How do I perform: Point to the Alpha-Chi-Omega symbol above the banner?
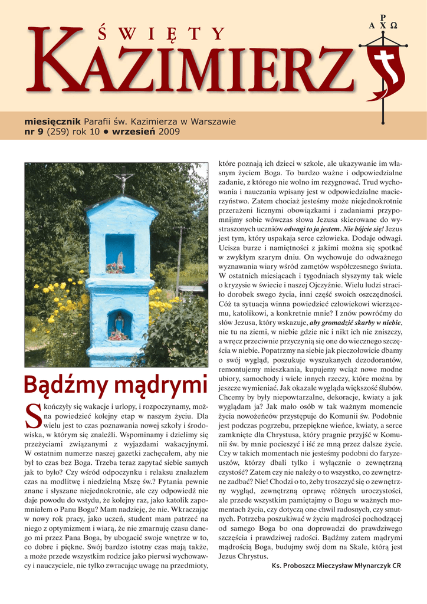(x=384, y=25)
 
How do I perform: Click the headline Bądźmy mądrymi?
(x=116, y=386)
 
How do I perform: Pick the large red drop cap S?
(x=35, y=415)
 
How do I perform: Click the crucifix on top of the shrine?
(x=124, y=183)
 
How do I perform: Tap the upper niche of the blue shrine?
(x=120, y=254)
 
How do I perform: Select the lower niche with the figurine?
(x=120, y=326)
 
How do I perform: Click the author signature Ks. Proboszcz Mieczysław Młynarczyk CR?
(x=336, y=565)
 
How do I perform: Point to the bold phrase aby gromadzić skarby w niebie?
(x=355, y=323)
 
